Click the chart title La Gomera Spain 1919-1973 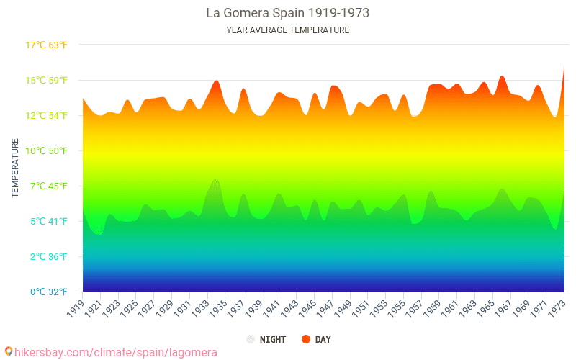pos(287,13)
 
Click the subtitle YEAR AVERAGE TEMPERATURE pos(287,30)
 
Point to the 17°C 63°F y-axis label pos(47,45)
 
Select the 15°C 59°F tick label pos(47,81)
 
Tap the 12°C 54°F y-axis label pos(47,116)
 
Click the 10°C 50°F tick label pos(47,151)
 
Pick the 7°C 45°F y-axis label pos(47,186)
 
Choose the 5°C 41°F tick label pos(47,222)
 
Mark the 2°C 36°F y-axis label pos(47,257)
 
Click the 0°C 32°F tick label pos(47,292)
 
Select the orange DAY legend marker pos(306,339)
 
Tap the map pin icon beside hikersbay pos(8,351)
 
